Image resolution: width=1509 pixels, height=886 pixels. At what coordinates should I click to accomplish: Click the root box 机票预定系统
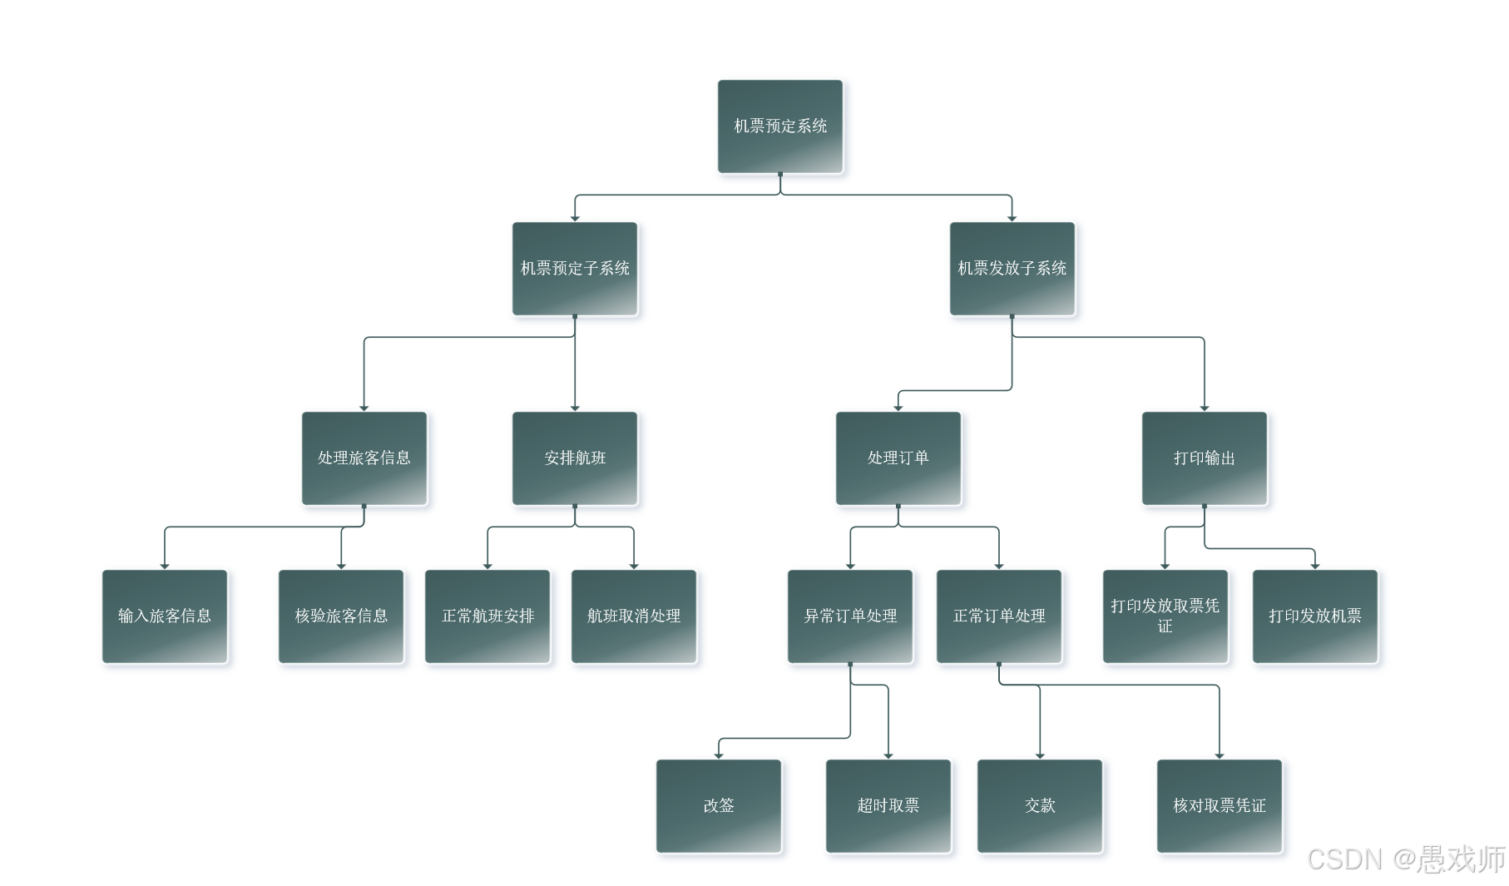pos(779,126)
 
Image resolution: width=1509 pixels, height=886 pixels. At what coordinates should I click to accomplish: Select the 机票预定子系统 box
pos(575,269)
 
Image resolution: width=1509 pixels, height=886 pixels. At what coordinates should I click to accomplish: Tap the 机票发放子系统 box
pos(1012,269)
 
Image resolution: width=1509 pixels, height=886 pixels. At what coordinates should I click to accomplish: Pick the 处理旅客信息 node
pos(364,458)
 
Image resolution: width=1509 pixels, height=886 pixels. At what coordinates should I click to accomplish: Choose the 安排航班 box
pos(575,458)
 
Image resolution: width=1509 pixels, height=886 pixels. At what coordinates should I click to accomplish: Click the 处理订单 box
pos(898,458)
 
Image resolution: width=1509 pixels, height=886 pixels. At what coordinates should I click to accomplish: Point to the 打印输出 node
pos(1204,458)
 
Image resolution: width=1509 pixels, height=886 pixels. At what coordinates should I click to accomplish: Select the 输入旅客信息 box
pos(165,616)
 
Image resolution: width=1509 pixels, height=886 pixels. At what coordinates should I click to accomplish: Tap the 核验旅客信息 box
pos(341,616)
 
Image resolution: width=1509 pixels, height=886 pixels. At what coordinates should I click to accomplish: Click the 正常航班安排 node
pos(487,616)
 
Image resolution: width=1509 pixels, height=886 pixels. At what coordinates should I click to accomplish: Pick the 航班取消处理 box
pos(634,616)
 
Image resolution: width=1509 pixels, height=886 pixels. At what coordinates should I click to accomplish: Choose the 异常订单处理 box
pos(850,616)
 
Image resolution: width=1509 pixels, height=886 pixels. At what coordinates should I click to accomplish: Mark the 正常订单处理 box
pos(999,616)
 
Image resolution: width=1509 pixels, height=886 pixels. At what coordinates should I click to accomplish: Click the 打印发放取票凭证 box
pos(1165,616)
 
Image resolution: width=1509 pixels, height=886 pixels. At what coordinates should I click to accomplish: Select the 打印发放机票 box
pos(1315,616)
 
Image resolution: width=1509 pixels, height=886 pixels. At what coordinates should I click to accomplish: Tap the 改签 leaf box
pos(719,806)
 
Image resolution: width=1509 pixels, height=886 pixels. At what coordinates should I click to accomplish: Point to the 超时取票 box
pos(888,806)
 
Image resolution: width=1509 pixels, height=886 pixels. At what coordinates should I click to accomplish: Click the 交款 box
pos(1040,806)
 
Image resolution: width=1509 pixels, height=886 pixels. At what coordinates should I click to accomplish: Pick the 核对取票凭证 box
pos(1220,806)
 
